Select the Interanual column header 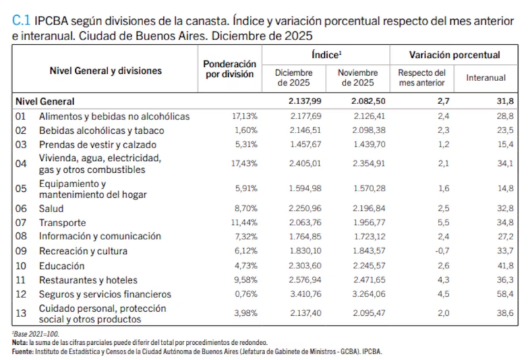click(x=486, y=78)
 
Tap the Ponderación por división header click(x=229, y=69)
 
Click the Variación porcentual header click(x=454, y=55)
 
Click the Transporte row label click(x=63, y=223)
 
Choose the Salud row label click(x=51, y=208)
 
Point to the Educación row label click(x=61, y=266)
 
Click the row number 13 click(x=20, y=314)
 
